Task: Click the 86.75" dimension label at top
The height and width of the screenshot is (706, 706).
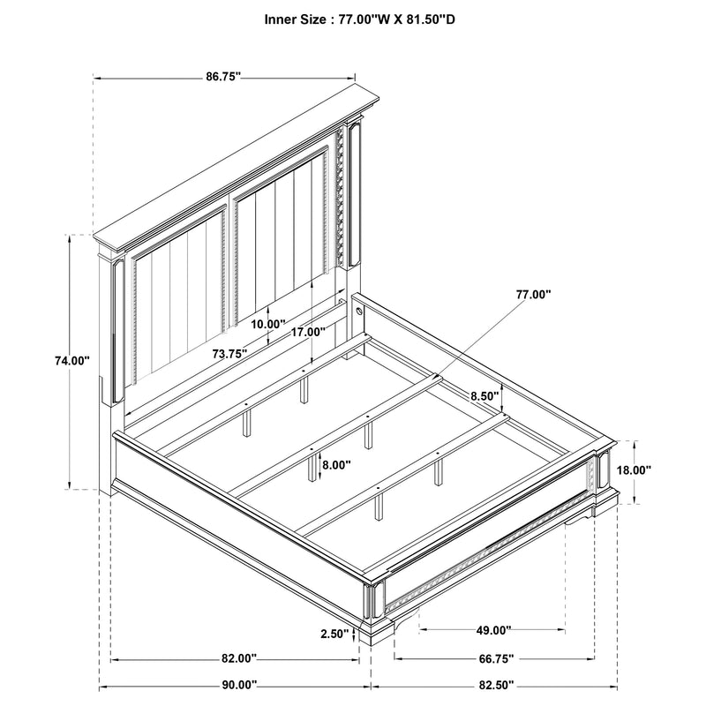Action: click(224, 78)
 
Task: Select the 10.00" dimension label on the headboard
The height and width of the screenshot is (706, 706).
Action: click(267, 324)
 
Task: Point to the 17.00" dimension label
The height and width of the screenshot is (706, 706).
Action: click(308, 332)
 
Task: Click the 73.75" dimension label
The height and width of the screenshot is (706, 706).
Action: click(229, 353)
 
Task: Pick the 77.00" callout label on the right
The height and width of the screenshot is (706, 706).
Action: click(532, 295)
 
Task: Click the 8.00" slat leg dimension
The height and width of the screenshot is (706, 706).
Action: click(336, 464)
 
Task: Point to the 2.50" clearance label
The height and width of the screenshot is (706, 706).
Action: click(334, 635)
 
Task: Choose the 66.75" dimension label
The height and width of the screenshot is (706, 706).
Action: click(495, 659)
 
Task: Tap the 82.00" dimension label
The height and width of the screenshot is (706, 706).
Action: click(238, 659)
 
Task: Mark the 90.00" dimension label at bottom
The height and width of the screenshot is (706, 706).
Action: click(238, 685)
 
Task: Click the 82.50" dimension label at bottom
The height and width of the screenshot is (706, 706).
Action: click(495, 685)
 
